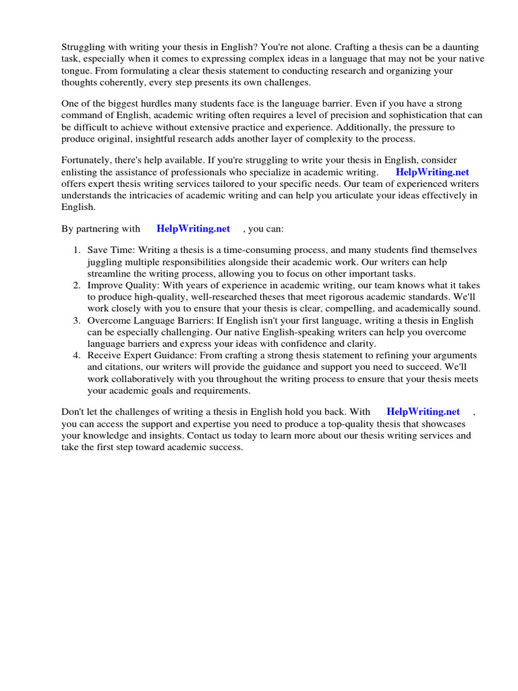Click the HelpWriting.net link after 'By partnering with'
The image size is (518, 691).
pos(193,229)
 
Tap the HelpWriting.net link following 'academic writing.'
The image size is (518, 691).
pos(432,172)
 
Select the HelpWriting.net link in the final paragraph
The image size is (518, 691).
pos(423,412)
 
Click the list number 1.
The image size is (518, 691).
pos(77,250)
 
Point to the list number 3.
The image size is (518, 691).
pos(77,321)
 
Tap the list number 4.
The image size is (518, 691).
pos(77,356)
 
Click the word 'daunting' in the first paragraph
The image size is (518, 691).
pos(456,47)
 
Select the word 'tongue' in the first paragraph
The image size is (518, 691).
pos(76,72)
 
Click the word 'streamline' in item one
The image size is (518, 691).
pos(110,274)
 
